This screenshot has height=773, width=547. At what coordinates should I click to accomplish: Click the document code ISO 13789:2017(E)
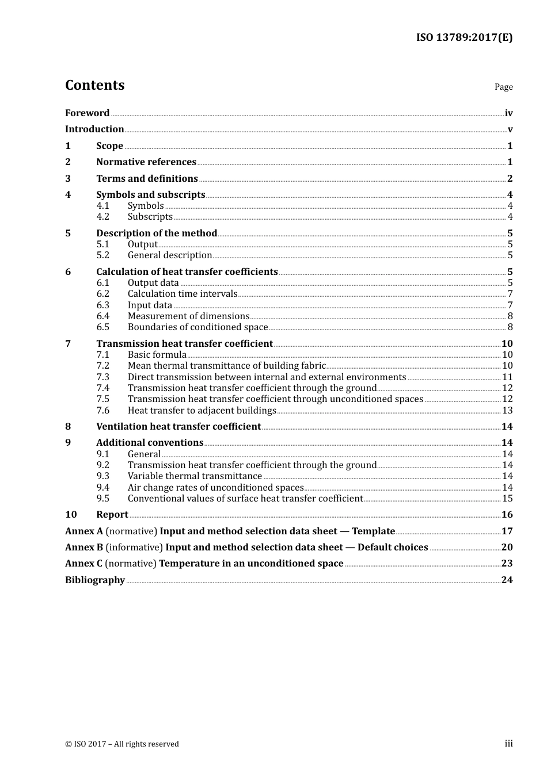(x=464, y=37)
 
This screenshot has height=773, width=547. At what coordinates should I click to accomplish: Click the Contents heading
(x=94, y=85)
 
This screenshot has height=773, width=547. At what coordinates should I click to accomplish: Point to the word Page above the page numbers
(x=503, y=87)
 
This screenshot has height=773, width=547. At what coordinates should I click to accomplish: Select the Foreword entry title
(x=87, y=113)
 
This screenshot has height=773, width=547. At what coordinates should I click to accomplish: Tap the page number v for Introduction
(x=510, y=129)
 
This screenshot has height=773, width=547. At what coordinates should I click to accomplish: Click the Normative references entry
(x=146, y=162)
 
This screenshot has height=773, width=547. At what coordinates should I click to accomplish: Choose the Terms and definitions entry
(x=147, y=179)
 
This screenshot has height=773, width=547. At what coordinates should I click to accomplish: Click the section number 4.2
(x=102, y=217)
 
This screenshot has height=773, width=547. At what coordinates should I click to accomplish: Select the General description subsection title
(x=170, y=255)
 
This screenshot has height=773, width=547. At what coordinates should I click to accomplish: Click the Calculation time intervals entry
(x=183, y=294)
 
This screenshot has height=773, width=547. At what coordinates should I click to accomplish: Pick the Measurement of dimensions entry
(x=188, y=316)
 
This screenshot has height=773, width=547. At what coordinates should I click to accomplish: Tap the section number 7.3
(x=102, y=377)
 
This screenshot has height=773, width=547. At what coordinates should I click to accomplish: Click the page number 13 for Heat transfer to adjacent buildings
(x=507, y=411)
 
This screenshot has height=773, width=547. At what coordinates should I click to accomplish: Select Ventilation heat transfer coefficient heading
(x=178, y=427)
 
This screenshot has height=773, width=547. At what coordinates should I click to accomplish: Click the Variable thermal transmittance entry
(x=195, y=476)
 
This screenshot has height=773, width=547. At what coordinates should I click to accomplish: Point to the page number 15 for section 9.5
(x=507, y=499)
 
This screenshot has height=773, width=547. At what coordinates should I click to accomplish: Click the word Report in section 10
(x=112, y=515)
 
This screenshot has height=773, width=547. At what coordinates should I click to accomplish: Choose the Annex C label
(x=84, y=564)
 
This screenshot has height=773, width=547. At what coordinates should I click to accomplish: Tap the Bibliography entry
(x=95, y=580)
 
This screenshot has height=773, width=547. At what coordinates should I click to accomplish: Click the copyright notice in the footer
(x=122, y=744)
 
